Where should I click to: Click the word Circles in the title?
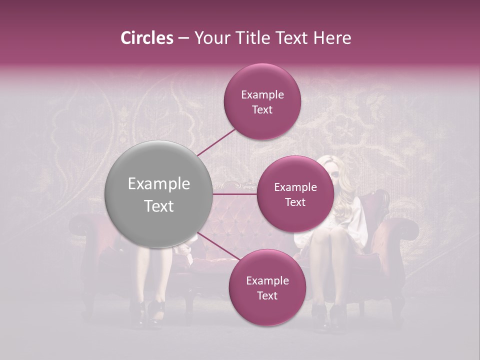click(146, 38)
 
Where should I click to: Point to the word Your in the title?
click(209, 38)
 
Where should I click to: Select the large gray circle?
click(159, 194)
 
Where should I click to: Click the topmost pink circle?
click(262, 101)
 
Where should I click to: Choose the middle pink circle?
click(295, 194)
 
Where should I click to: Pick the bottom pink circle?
click(267, 287)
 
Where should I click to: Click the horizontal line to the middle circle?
click(235, 194)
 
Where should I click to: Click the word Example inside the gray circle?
click(159, 184)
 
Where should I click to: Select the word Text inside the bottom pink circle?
click(267, 296)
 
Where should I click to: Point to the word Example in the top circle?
click(262, 94)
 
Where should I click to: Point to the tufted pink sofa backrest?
click(235, 220)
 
